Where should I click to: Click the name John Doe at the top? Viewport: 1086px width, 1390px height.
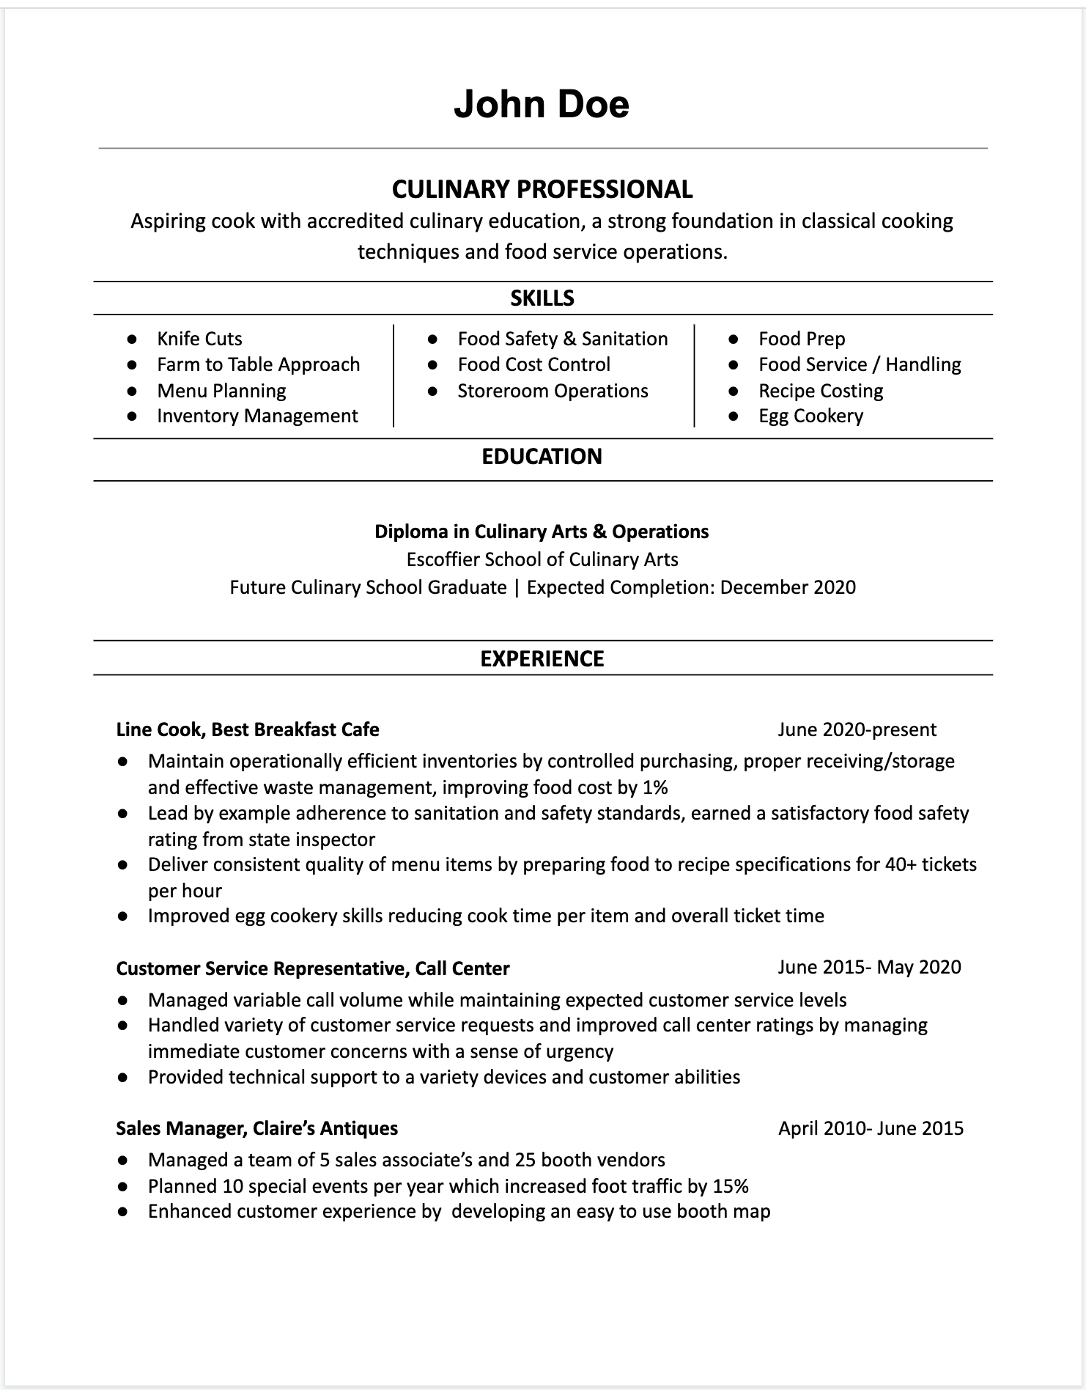[542, 104]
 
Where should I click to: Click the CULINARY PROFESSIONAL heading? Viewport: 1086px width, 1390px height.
[542, 189]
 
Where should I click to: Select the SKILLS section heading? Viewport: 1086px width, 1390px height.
[542, 298]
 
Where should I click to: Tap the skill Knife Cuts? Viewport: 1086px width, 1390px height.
[199, 339]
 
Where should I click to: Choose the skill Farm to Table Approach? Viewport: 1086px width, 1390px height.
[258, 364]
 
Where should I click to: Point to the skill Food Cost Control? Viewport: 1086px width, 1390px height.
[533, 364]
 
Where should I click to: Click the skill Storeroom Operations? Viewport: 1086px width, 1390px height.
[553, 391]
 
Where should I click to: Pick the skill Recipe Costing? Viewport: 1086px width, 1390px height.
[821, 391]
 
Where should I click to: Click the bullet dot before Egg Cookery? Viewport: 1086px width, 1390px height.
[734, 416]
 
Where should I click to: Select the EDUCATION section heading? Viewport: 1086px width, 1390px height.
[542, 457]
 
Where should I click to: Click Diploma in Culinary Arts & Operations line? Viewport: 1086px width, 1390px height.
[542, 532]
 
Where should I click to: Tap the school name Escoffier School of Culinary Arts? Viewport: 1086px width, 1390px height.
[542, 559]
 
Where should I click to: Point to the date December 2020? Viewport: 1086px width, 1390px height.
[788, 587]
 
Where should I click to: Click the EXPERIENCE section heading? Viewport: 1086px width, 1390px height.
[542, 658]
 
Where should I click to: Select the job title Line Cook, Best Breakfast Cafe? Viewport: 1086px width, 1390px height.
[248, 729]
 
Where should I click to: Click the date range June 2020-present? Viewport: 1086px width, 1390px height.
[857, 729]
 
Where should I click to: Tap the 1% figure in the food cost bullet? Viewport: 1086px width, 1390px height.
[655, 787]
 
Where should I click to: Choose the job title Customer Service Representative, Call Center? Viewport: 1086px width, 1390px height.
[313, 968]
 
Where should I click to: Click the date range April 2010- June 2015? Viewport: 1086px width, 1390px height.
[871, 1128]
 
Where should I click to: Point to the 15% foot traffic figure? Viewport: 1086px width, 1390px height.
[731, 1186]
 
